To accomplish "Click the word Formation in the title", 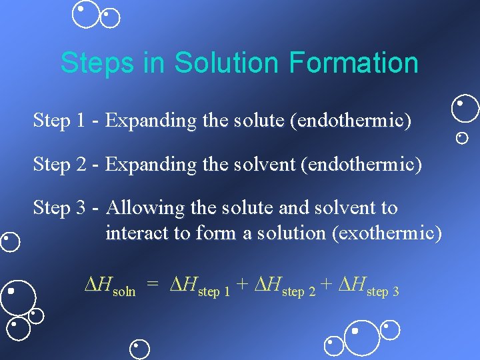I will point(353,63).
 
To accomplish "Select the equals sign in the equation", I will point(153,286).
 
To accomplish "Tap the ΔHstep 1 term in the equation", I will point(200,287).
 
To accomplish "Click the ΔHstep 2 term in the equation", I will point(285,287).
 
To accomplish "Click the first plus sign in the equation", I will point(243,286).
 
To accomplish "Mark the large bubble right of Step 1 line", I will point(465,108).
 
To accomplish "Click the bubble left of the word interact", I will point(10,241).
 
